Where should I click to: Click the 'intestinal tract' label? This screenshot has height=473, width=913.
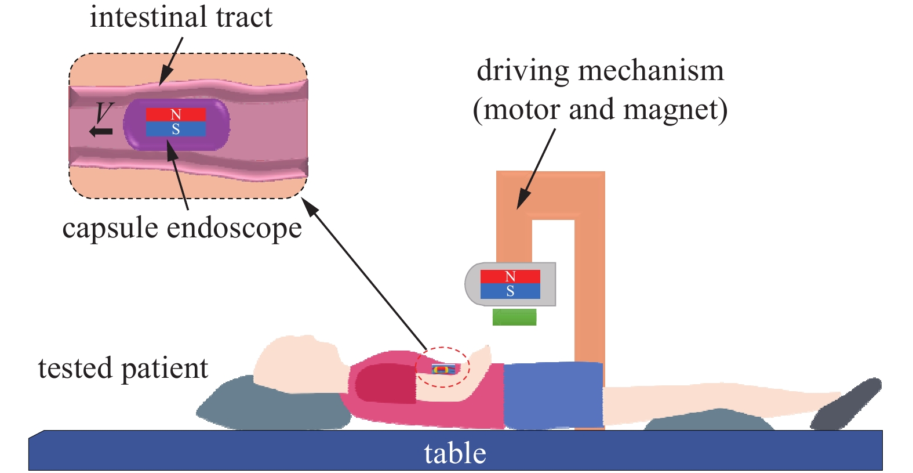pyautogui.click(x=181, y=17)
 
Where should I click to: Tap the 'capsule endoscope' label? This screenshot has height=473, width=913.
pyautogui.click(x=182, y=228)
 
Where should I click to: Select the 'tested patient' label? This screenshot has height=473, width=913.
pyautogui.click(x=123, y=368)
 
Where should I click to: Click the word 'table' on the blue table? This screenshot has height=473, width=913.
pyautogui.click(x=455, y=453)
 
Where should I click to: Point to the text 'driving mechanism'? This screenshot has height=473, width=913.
pyautogui.click(x=600, y=71)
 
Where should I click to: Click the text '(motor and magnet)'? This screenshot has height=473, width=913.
pyautogui.click(x=600, y=109)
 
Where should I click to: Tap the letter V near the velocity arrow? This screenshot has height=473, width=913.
pyautogui.click(x=104, y=112)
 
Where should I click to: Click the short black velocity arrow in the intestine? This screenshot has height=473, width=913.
pyautogui.click(x=101, y=132)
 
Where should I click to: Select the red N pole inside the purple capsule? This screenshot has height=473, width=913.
pyautogui.click(x=176, y=114)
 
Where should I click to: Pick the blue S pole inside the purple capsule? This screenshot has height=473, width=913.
pyautogui.click(x=176, y=129)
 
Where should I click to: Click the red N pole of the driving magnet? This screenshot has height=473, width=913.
pyautogui.click(x=510, y=276)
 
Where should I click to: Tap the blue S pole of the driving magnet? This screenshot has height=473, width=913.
pyautogui.click(x=510, y=291)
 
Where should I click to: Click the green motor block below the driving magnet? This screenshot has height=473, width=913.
pyautogui.click(x=514, y=317)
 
